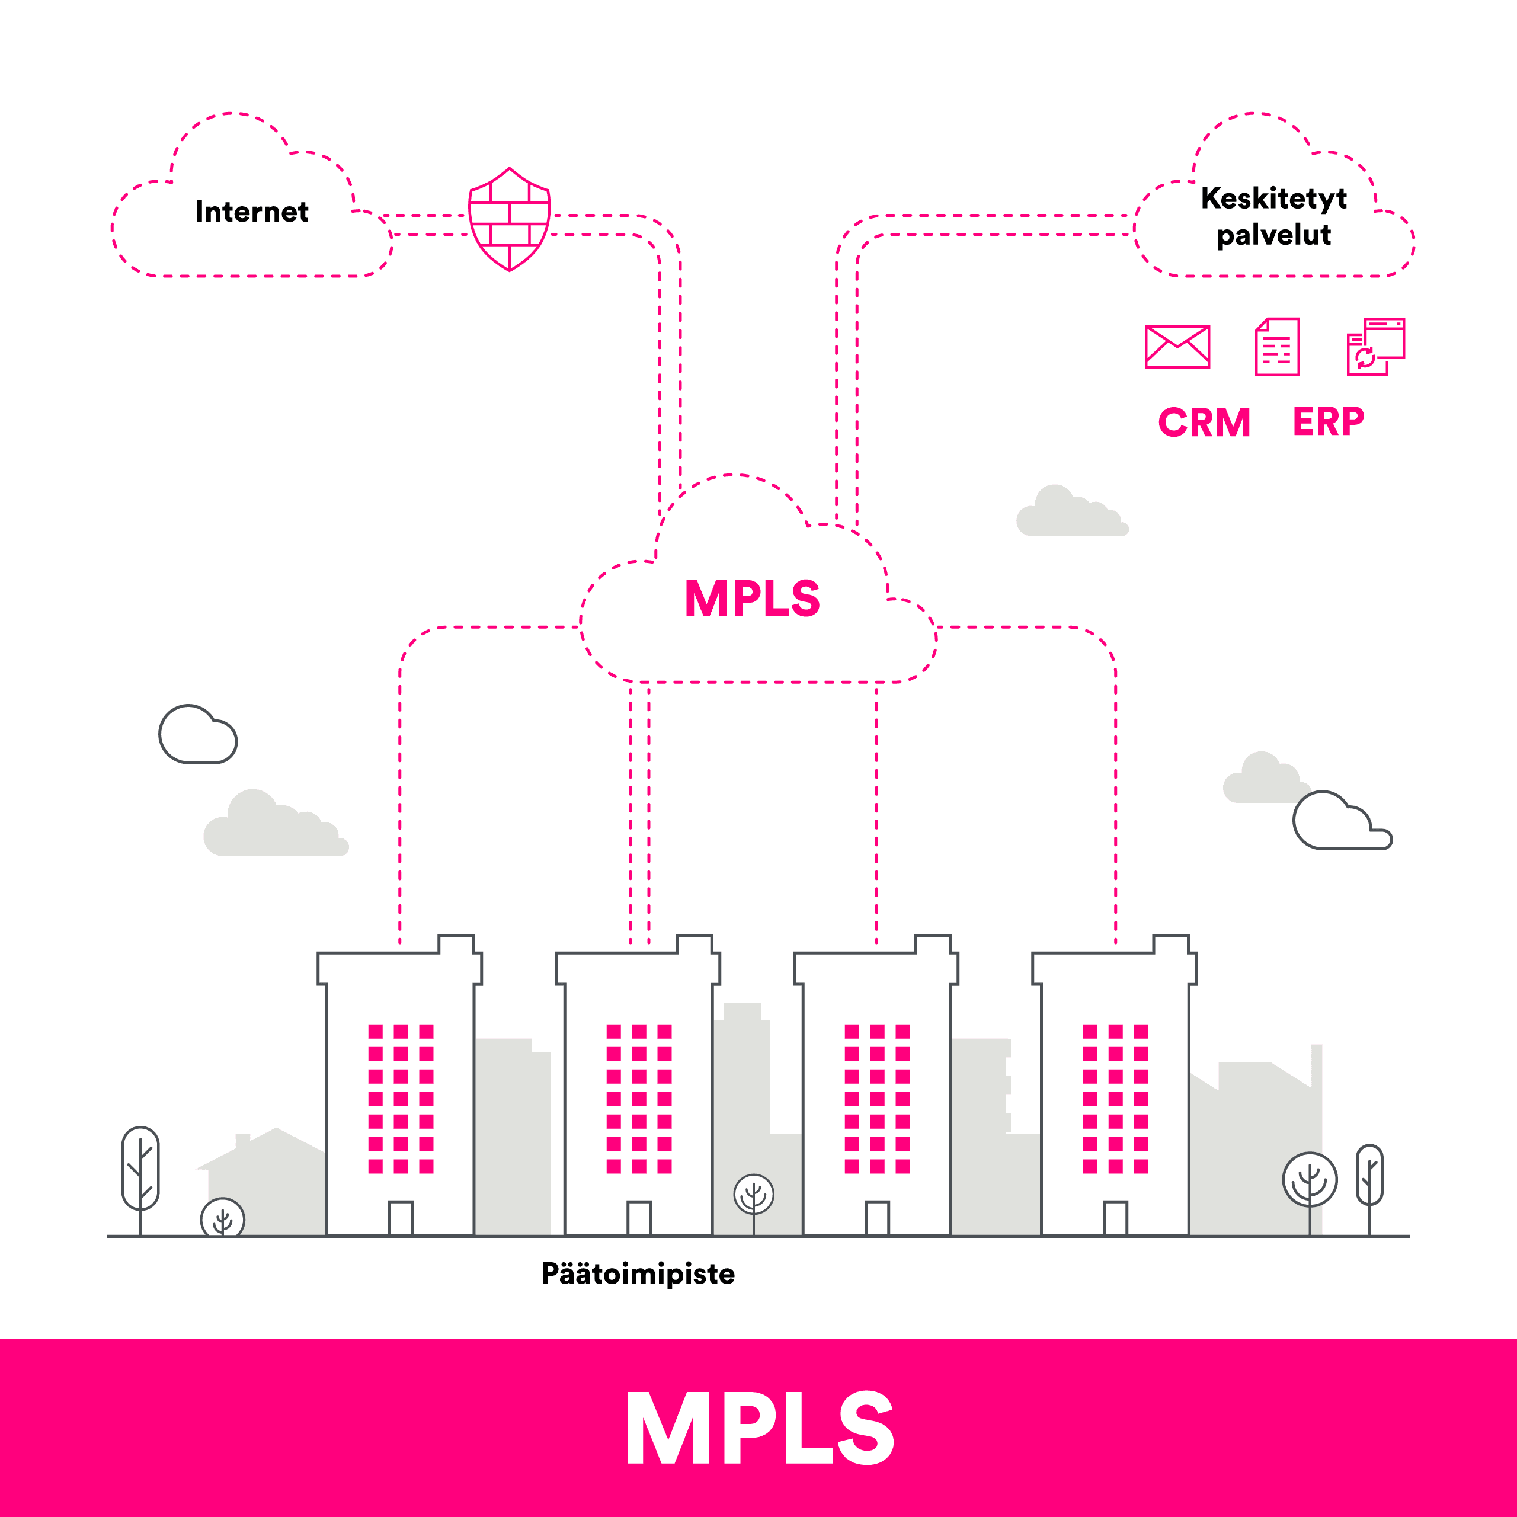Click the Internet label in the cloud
coord(251,212)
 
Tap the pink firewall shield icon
coord(509,219)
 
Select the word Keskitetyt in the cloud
coord(1273,199)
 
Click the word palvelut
coord(1273,235)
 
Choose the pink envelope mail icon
coord(1177,346)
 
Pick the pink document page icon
coord(1278,346)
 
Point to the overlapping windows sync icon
coord(1375,346)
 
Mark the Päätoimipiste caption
coord(638,1273)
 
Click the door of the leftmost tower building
coord(401,1218)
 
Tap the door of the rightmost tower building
coord(1115,1218)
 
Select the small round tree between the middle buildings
coord(754,1194)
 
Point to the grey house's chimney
coord(242,1140)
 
